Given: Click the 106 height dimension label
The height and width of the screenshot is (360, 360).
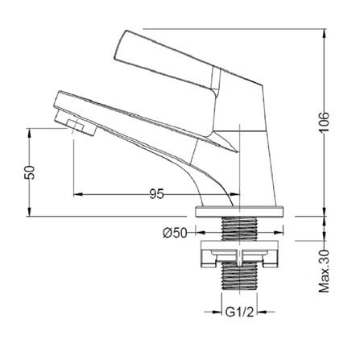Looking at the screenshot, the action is pyautogui.click(x=325, y=122).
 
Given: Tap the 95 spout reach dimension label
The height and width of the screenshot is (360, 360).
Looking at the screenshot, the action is pyautogui.click(x=156, y=194).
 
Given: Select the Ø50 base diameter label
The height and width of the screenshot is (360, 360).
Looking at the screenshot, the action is pyautogui.click(x=175, y=233).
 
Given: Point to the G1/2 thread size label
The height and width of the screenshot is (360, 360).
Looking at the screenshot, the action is pyautogui.click(x=239, y=312).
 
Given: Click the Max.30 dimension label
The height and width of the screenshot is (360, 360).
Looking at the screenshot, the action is pyautogui.click(x=325, y=271).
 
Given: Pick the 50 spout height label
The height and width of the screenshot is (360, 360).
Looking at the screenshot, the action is pyautogui.click(x=30, y=172).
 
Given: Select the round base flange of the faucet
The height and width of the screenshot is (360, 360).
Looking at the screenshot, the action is pyautogui.click(x=239, y=212).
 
